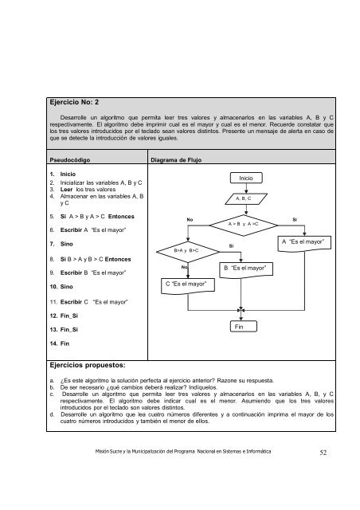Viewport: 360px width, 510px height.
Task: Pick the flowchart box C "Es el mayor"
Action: [x=186, y=283]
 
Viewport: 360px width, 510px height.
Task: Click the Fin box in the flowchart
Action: [x=241, y=350]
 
